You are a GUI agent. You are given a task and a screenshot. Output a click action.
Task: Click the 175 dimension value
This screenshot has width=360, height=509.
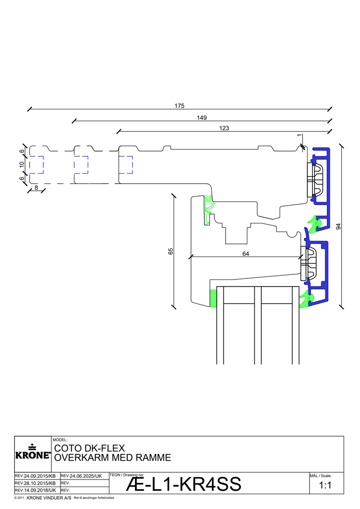pyautogui.click(x=179, y=106)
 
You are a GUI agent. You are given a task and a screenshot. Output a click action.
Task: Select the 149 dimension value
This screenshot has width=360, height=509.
pyautogui.click(x=202, y=118)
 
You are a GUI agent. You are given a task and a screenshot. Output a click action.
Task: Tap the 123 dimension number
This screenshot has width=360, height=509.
pyautogui.click(x=224, y=129)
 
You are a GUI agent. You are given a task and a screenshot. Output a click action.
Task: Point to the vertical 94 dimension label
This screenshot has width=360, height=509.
pyautogui.click(x=339, y=227)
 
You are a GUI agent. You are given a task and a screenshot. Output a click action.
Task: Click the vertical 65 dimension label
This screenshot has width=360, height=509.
pyautogui.click(x=171, y=251)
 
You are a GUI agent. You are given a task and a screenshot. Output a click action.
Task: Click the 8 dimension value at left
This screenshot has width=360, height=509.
pyautogui.click(x=36, y=188)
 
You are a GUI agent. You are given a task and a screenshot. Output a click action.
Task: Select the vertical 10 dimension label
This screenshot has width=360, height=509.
pyautogui.click(x=22, y=165)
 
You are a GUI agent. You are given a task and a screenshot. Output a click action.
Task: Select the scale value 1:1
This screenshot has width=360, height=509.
pyautogui.click(x=325, y=486)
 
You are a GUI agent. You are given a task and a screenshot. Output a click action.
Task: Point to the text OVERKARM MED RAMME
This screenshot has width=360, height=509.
pyautogui.click(x=112, y=458)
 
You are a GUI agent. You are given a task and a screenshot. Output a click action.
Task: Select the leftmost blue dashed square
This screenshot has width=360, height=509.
pyautogui.click(x=36, y=165)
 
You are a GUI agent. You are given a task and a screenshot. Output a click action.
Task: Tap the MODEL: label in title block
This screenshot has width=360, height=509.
pyautogui.click(x=60, y=439)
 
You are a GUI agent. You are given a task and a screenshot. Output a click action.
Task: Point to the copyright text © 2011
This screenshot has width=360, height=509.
pyautogui.click(x=19, y=497)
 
